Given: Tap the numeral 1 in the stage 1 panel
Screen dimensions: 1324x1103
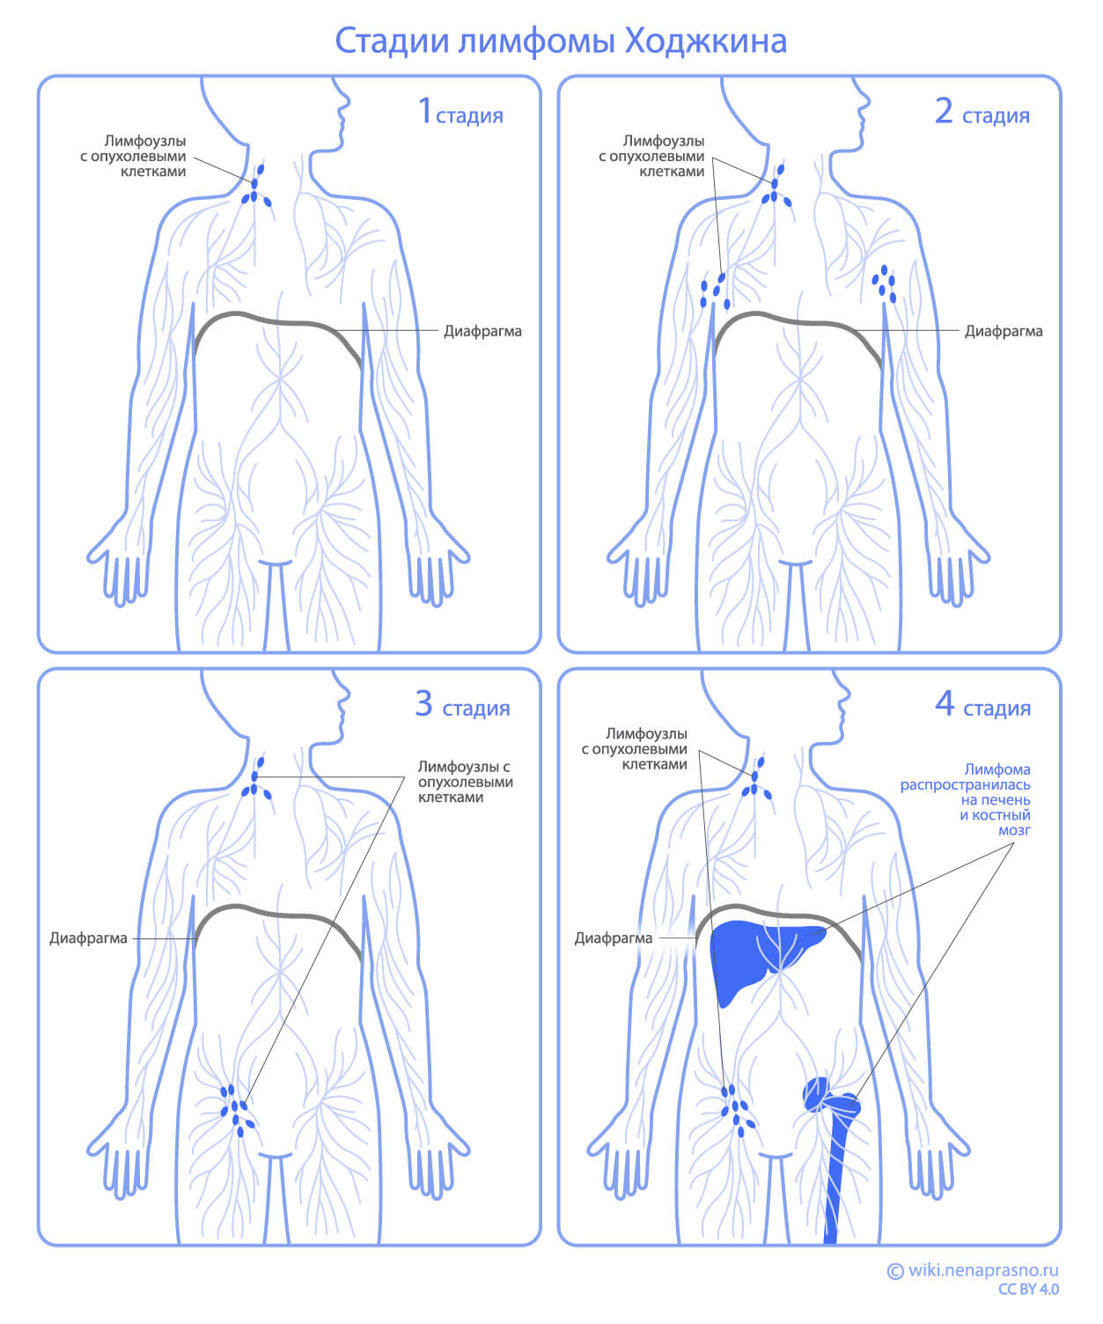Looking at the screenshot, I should click(x=425, y=112).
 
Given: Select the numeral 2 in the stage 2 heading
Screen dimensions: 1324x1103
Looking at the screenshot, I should click(x=944, y=112).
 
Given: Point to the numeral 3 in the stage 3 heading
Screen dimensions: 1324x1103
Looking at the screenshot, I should click(x=423, y=704).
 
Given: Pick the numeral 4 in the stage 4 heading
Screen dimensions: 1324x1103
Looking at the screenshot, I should click(x=945, y=704).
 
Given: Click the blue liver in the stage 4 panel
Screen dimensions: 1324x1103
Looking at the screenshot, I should click(x=748, y=955).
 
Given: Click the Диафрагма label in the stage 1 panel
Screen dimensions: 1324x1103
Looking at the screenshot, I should click(x=482, y=332).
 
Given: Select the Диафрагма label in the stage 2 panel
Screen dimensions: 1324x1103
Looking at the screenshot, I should click(x=1004, y=332).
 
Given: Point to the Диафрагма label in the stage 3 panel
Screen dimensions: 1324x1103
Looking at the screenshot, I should click(x=88, y=938).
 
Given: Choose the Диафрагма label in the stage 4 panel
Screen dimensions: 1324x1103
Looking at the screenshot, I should click(x=614, y=938).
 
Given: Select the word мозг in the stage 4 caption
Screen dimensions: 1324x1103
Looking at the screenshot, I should click(x=1014, y=830).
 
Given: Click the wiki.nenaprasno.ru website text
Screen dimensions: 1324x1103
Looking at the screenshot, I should click(x=983, y=1270).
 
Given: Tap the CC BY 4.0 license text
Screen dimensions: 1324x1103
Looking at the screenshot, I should click(x=1028, y=1290).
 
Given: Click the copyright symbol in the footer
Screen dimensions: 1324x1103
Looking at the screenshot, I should click(x=895, y=1270).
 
